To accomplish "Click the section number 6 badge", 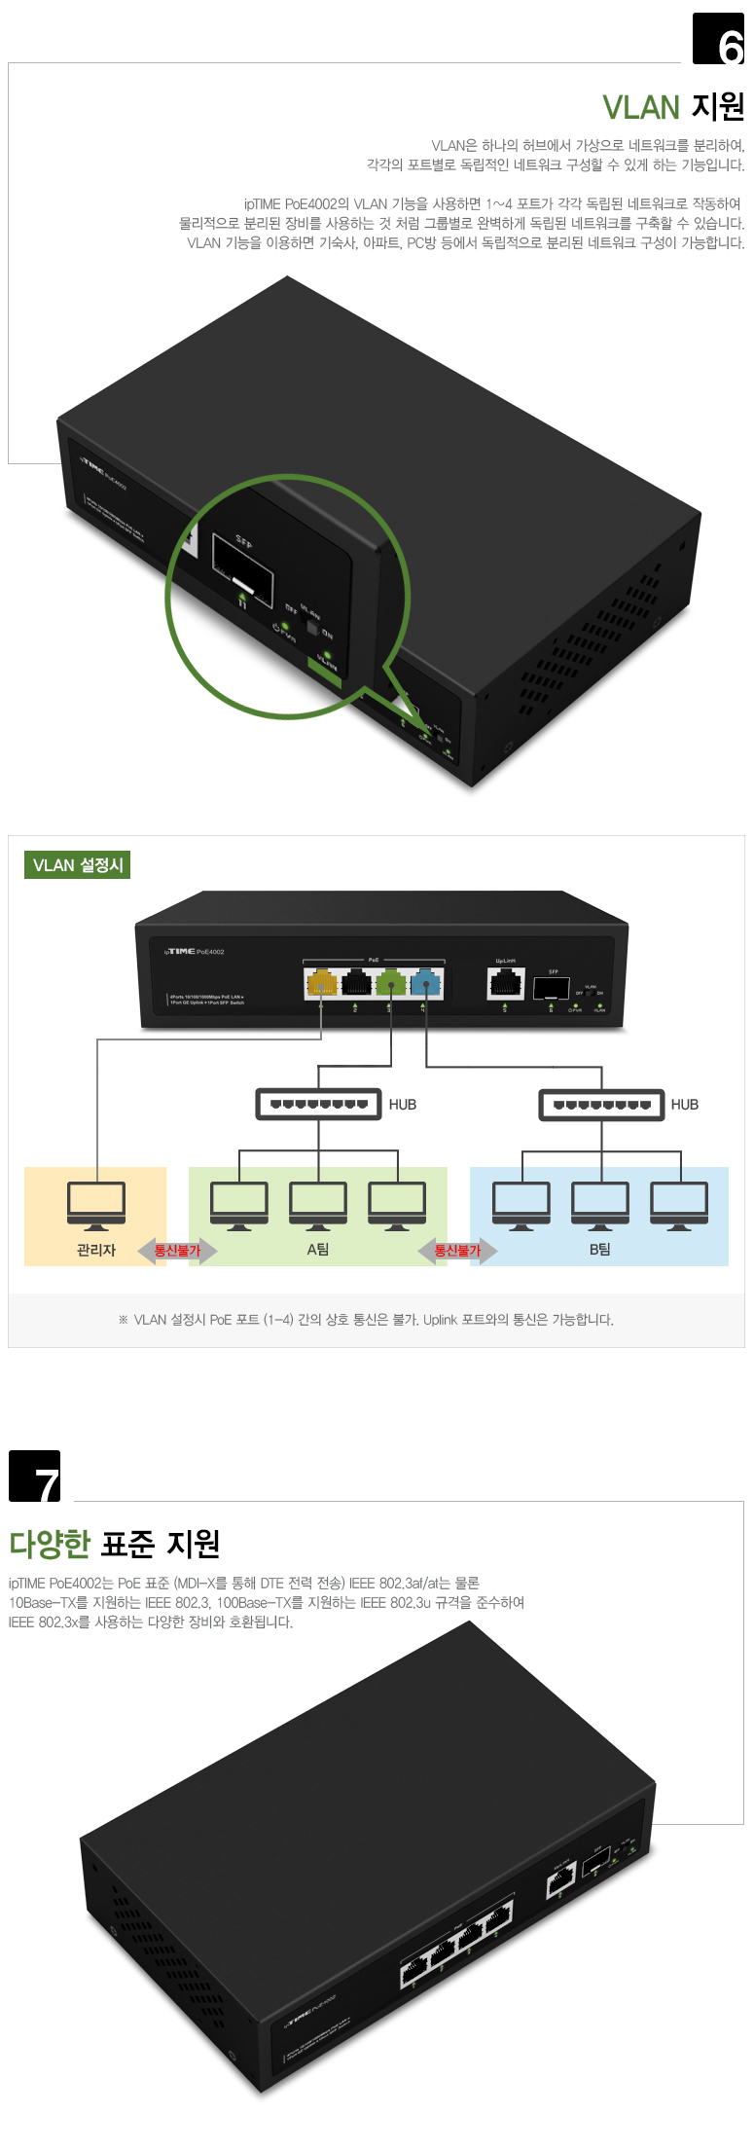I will [x=718, y=39].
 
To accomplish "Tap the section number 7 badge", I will [x=35, y=1476].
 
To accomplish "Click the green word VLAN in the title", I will [x=640, y=108].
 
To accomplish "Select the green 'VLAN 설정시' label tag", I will [x=77, y=865].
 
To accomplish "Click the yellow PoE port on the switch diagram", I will [x=321, y=983].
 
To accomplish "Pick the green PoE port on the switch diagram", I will [x=391, y=983].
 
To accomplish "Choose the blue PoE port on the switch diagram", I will [x=426, y=983].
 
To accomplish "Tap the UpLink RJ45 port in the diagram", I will [x=505, y=983].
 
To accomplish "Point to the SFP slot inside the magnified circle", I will [x=243, y=567].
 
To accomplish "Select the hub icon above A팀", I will [x=318, y=1104].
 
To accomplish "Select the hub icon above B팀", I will [x=601, y=1105].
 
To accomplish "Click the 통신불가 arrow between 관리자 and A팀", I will [x=177, y=1251].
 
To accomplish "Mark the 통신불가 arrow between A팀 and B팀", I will [x=457, y=1251].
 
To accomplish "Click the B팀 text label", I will [x=600, y=1250].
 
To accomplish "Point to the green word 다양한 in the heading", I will [x=50, y=1544].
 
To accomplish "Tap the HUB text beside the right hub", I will [x=685, y=1105].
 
